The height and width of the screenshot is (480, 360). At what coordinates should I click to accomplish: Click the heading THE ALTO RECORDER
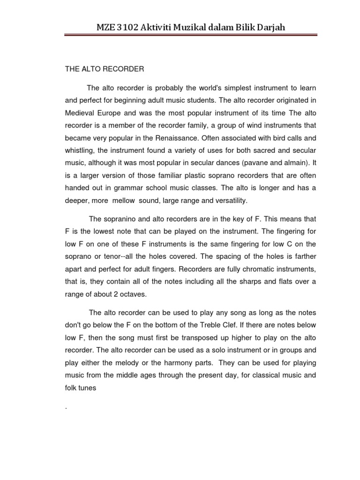point(104,69)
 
